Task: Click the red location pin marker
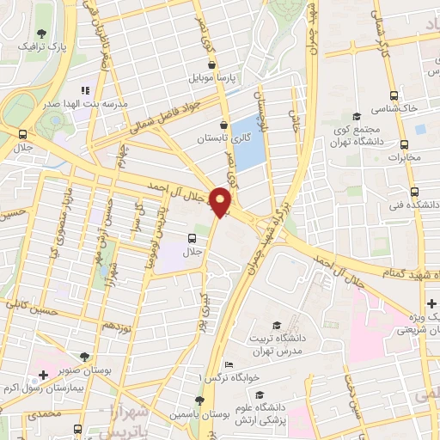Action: pyautogui.click(x=222, y=202)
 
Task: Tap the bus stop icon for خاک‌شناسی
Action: pyautogui.click(x=394, y=96)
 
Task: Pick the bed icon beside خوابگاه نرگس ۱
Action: pyautogui.click(x=228, y=365)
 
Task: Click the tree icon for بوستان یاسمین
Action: pyautogui.click(x=199, y=400)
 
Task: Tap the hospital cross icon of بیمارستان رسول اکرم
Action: pyautogui.click(x=43, y=376)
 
